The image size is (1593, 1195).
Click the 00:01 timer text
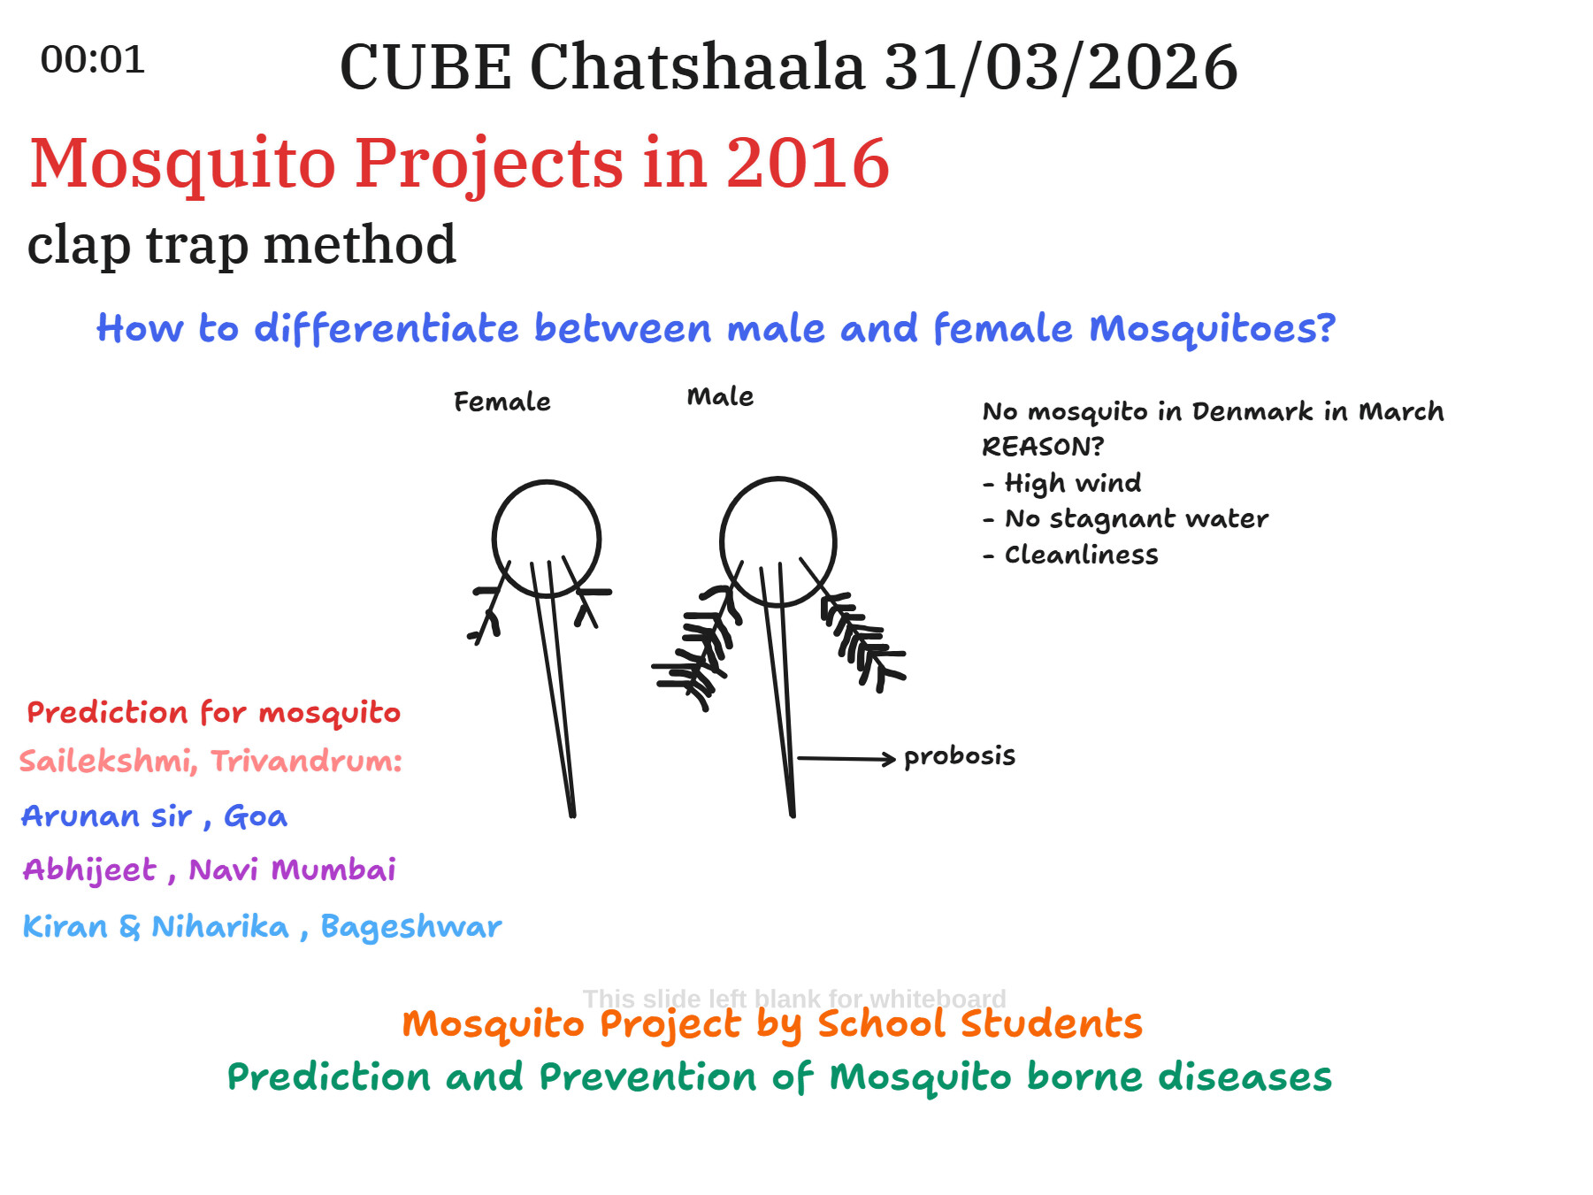(93, 60)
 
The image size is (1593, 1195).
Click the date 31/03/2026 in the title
(1061, 67)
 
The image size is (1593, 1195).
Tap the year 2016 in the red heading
(808, 163)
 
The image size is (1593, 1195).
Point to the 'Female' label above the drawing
(502, 402)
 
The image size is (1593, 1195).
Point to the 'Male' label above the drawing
(720, 396)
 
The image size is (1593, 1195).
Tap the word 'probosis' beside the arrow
(960, 756)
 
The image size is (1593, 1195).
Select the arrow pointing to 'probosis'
(846, 758)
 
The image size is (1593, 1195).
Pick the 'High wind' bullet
(1061, 483)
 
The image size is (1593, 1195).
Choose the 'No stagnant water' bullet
(1125, 518)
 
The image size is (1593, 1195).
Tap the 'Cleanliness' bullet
(1070, 555)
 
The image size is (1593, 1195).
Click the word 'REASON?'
(1043, 447)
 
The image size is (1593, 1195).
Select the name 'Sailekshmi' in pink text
(105, 761)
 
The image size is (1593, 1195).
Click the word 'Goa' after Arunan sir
(256, 816)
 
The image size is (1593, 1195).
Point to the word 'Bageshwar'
(411, 926)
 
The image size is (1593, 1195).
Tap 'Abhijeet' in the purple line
(90, 870)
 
